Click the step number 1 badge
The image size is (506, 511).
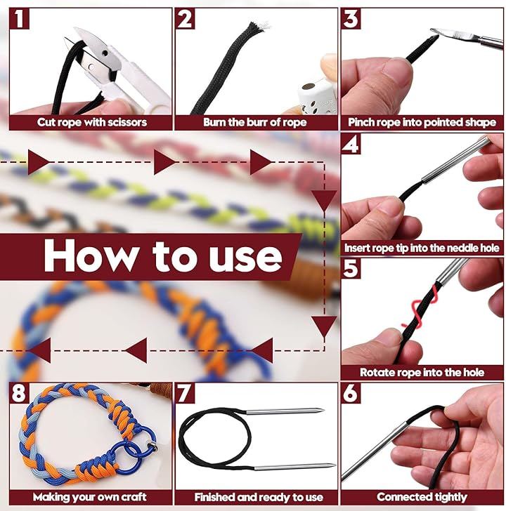point(19,19)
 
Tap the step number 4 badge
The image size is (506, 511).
point(351,144)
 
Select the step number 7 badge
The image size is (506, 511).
point(185,393)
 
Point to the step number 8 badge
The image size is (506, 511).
point(19,393)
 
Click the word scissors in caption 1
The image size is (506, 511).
point(127,122)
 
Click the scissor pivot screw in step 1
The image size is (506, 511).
point(105,53)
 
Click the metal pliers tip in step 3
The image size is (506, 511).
point(436,32)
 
